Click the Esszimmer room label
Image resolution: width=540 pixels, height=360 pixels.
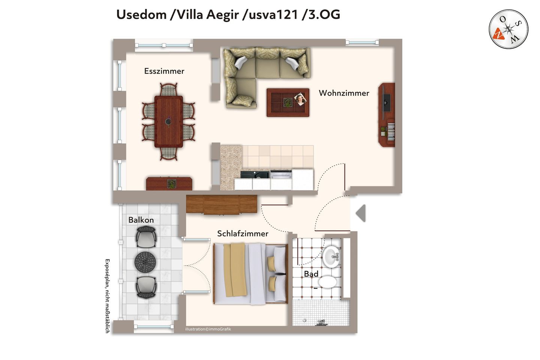point(164,71)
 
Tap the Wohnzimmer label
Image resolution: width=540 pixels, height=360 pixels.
point(344,93)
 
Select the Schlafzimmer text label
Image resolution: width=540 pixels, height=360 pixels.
point(243,234)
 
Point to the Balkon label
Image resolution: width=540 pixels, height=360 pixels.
point(141,220)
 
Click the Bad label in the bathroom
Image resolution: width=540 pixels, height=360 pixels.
point(311,274)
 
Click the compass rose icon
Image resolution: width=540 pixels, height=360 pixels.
point(508,29)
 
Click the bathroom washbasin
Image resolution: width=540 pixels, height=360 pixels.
point(331,256)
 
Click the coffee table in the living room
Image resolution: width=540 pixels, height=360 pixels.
point(288,102)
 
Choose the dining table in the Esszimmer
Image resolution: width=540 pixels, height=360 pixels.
point(169,121)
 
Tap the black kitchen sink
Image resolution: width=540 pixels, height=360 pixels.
point(254,174)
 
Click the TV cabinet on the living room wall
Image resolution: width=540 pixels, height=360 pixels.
point(387,114)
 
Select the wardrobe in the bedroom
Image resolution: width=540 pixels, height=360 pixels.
point(222,205)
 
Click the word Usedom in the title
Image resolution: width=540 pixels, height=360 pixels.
point(141,15)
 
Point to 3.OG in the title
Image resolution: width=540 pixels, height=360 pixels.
point(324,15)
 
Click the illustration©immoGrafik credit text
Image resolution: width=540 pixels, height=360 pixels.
point(208,329)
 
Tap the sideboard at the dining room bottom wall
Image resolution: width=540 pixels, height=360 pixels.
point(169,184)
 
